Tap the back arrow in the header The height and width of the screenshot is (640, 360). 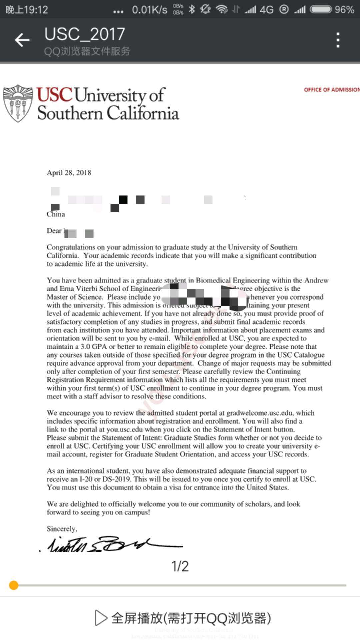(22, 40)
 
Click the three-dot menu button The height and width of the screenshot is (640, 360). (338, 40)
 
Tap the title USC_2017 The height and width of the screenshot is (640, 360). (85, 34)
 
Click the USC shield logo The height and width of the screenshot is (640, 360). (18, 103)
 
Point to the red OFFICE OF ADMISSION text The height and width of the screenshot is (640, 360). (331, 90)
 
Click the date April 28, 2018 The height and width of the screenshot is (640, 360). (69, 173)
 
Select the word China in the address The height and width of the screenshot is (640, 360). (56, 214)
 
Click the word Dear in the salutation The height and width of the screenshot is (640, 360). (54, 231)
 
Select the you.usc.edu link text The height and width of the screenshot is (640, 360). (125, 429)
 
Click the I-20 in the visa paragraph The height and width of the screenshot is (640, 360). (86, 479)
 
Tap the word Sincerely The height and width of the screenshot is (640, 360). (62, 529)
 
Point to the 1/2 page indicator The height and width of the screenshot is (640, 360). (180, 566)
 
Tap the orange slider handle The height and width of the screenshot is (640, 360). (14, 585)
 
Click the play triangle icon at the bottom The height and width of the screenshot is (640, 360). (101, 618)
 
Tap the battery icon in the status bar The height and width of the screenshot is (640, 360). (321, 9)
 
